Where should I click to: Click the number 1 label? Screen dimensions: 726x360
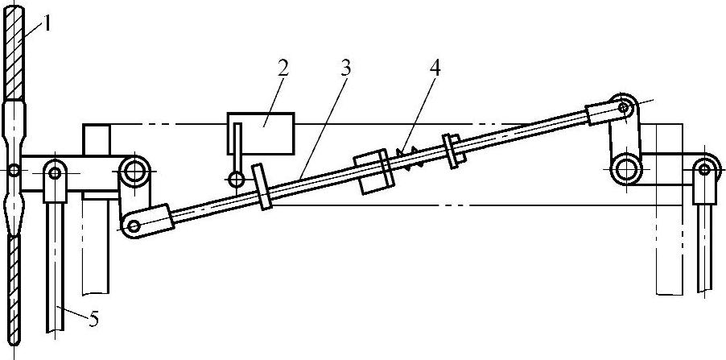pyautogui.click(x=47, y=24)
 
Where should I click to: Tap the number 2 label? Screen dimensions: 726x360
pyautogui.click(x=282, y=68)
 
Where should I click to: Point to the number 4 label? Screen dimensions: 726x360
pyautogui.click(x=435, y=68)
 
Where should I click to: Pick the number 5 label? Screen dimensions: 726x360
pyautogui.click(x=93, y=320)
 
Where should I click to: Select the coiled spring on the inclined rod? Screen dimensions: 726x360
pyautogui.click(x=412, y=159)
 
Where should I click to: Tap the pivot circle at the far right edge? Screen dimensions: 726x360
pyautogui.click(x=706, y=168)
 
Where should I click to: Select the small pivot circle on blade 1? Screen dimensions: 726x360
pyautogui.click(x=14, y=170)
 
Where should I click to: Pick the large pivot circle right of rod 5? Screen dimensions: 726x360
pyautogui.click(x=134, y=170)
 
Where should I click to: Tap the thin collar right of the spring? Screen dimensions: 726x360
pyautogui.click(x=452, y=151)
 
